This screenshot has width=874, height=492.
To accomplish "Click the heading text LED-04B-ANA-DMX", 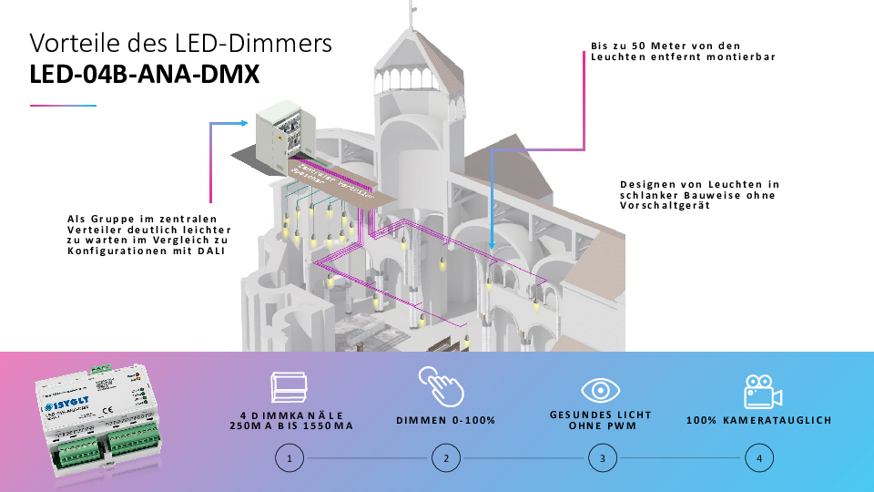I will click(145, 76).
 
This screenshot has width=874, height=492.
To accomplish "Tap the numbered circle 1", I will click(289, 458).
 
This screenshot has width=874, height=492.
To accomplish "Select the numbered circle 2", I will click(446, 458).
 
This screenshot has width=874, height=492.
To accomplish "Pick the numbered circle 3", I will click(602, 458).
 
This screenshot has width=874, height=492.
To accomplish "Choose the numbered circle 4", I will click(758, 458).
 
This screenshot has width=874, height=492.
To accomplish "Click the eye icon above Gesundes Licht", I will click(601, 390).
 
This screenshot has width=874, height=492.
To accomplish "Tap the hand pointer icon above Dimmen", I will click(441, 386).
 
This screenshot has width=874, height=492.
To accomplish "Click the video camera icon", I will click(763, 391).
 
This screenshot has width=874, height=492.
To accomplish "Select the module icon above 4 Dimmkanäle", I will click(290, 388).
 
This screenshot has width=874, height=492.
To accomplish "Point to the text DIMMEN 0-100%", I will click(446, 420).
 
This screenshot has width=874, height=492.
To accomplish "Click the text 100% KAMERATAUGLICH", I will click(758, 420).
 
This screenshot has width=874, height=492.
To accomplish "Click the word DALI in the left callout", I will click(211, 250).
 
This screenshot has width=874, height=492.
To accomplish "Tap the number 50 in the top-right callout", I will click(639, 46).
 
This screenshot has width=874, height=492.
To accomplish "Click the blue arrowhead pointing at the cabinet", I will click(243, 123).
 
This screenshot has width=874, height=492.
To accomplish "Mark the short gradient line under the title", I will click(63, 106).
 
